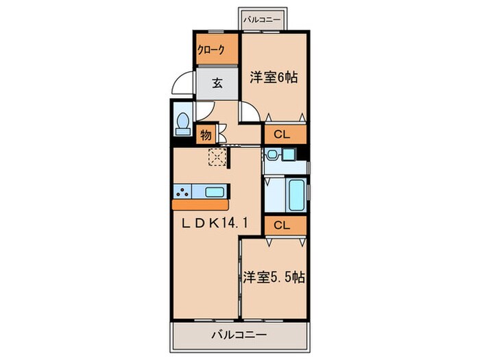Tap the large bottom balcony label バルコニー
[x=239, y=335]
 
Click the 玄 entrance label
[x=217, y=84]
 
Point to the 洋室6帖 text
[x=273, y=77]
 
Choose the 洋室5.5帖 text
[x=274, y=278]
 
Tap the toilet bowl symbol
[x=183, y=123]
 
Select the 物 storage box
[x=206, y=134]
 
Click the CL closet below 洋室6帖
[x=284, y=134]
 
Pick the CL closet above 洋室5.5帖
[x=284, y=224]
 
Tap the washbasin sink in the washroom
[x=274, y=154]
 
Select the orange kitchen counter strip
[x=202, y=204]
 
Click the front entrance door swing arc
[x=180, y=85]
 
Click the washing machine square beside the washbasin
[x=297, y=156]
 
